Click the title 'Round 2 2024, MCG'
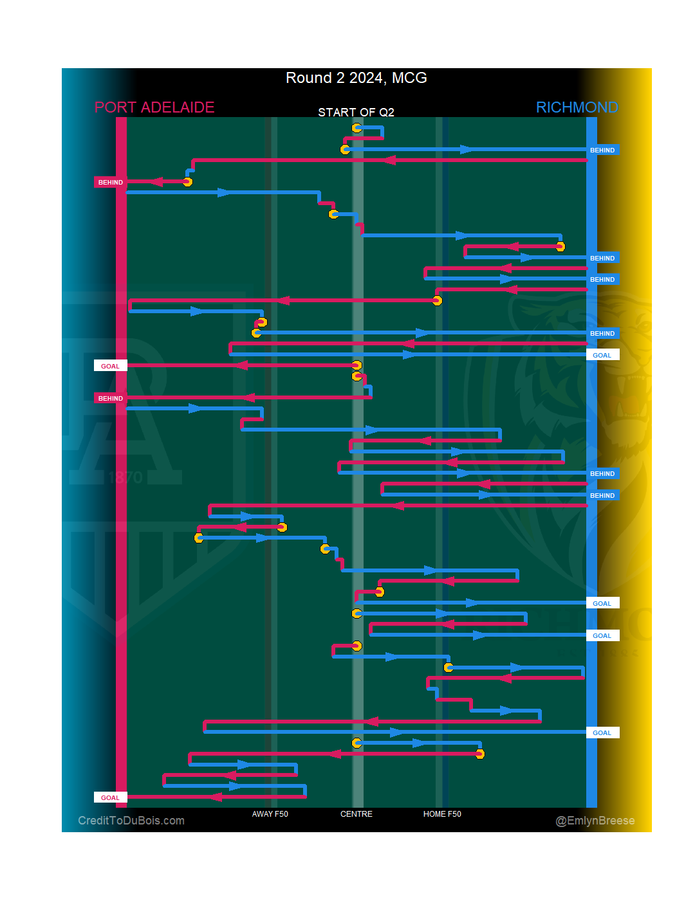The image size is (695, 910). pyautogui.click(x=356, y=78)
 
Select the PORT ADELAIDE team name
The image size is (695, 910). pyautogui.click(x=154, y=107)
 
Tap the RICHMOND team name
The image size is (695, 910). pyautogui.click(x=577, y=107)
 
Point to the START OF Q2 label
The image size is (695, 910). pyautogui.click(x=356, y=113)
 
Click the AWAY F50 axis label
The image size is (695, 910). pyautogui.click(x=270, y=814)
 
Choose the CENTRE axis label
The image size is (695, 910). pyautogui.click(x=356, y=814)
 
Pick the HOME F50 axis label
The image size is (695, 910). pyautogui.click(x=442, y=814)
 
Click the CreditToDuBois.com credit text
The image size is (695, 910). pyautogui.click(x=131, y=821)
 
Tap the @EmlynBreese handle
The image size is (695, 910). pyautogui.click(x=595, y=821)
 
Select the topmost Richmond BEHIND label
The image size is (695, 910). pyautogui.click(x=602, y=150)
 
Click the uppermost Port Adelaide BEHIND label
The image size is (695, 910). pyautogui.click(x=111, y=183)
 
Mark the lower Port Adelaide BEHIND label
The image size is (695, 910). pyautogui.click(x=111, y=399)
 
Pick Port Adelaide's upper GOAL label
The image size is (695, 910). pyautogui.click(x=111, y=367)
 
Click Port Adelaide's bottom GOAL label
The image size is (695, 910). pyautogui.click(x=111, y=798)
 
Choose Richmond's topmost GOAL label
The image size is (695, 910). pyautogui.click(x=602, y=356)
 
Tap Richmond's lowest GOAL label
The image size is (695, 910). pyautogui.click(x=602, y=733)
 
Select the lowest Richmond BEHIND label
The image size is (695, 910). pyautogui.click(x=602, y=496)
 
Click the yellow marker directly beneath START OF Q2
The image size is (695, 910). pyautogui.click(x=357, y=128)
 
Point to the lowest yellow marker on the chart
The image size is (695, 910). pyautogui.click(x=479, y=754)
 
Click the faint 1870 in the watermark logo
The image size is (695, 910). pyautogui.click(x=125, y=477)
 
